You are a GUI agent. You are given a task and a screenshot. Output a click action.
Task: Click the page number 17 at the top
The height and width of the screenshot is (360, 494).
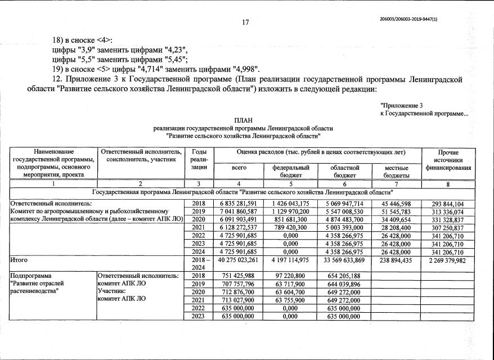pyautogui.click(x=245, y=23)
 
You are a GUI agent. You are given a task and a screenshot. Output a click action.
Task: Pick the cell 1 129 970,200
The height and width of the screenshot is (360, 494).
pyautogui.click(x=291, y=211)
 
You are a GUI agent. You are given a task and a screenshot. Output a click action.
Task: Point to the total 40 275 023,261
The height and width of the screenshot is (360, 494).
pyautogui.click(x=236, y=260)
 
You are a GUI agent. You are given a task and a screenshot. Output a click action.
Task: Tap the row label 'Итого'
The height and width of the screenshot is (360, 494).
pyautogui.click(x=19, y=260)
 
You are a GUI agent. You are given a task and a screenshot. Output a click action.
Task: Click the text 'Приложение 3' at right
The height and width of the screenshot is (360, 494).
pyautogui.click(x=402, y=105)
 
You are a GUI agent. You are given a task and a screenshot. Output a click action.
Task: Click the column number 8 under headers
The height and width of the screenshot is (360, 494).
pyautogui.click(x=448, y=184)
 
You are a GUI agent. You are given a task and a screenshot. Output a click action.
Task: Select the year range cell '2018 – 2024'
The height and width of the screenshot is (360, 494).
pyautogui.click(x=199, y=264)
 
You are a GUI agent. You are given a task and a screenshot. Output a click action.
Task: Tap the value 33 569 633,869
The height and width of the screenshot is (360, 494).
pyautogui.click(x=344, y=260)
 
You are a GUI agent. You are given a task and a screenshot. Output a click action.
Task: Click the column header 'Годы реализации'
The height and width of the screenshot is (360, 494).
pyautogui.click(x=199, y=160)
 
